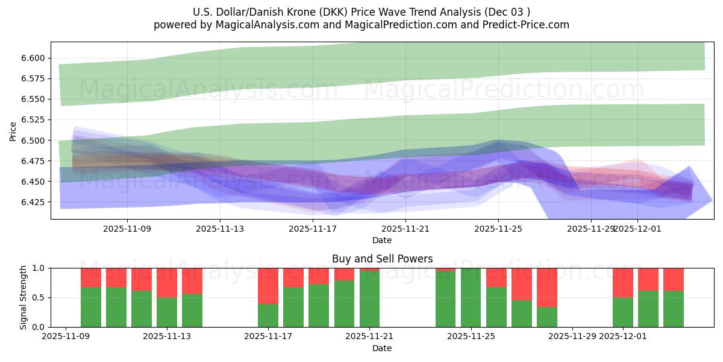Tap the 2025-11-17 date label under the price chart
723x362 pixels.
[x=313, y=229]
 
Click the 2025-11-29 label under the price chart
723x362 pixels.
[x=591, y=229]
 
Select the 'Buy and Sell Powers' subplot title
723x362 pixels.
[x=382, y=259]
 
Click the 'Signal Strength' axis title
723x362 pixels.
[x=23, y=297]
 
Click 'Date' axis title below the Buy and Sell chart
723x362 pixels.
[x=382, y=348]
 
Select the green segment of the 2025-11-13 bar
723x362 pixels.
[x=167, y=312]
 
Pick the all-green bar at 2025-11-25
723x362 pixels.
[x=471, y=297]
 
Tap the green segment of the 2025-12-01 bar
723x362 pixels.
[x=623, y=312]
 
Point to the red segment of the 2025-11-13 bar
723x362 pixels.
[x=167, y=282]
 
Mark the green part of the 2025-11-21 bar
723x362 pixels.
[x=369, y=299]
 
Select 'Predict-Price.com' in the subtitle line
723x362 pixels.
[x=528, y=25]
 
